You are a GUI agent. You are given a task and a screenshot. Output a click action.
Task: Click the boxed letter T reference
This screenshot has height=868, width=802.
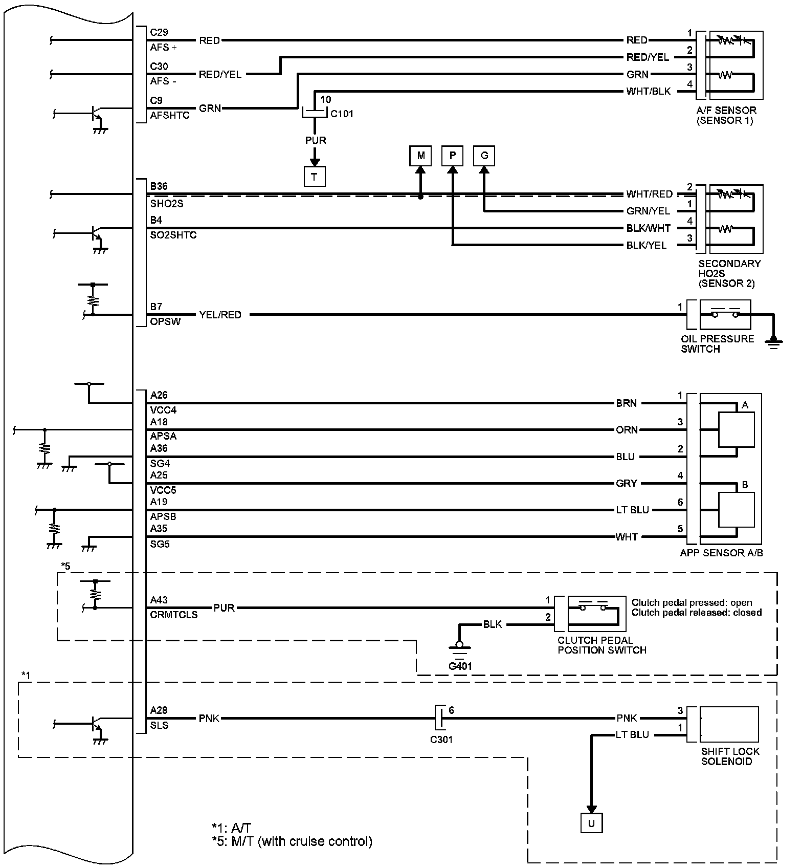click(314, 177)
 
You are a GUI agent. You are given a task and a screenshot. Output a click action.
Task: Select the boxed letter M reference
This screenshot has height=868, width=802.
click(420, 156)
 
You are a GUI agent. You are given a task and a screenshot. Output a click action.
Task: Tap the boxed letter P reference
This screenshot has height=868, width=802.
click(452, 156)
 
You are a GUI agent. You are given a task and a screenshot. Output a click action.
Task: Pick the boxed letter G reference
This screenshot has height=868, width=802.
click(484, 156)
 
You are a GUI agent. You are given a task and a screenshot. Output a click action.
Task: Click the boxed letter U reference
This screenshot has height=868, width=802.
click(591, 823)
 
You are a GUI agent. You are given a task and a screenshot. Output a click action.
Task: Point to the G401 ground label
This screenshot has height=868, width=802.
click(460, 666)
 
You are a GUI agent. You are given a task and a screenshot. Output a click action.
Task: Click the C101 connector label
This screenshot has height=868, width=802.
click(342, 114)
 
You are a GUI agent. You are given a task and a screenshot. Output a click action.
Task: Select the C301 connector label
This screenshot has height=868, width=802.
click(441, 740)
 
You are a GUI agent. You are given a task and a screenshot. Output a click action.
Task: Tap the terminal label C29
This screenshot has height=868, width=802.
click(159, 32)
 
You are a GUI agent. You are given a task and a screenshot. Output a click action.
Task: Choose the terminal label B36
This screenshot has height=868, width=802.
click(159, 186)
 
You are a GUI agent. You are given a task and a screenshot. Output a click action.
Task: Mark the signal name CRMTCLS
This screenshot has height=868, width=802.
click(174, 615)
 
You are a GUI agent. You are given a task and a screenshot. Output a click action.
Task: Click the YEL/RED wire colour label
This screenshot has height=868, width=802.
click(220, 315)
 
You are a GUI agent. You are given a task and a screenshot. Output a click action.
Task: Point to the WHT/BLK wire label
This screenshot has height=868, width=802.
click(649, 92)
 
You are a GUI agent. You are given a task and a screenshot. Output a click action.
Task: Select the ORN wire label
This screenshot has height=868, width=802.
click(627, 430)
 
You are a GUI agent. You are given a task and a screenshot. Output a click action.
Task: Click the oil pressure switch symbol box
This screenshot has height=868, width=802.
click(725, 314)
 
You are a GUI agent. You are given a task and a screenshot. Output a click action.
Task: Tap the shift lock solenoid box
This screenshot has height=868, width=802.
click(729, 724)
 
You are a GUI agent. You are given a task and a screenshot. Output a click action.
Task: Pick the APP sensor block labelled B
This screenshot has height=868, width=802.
click(736, 510)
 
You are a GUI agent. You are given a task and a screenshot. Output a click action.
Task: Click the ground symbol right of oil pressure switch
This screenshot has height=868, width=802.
click(773, 341)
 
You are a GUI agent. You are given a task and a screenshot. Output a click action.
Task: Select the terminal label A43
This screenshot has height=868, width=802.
click(159, 600)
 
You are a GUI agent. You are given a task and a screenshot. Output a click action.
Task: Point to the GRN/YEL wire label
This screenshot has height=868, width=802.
click(648, 211)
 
